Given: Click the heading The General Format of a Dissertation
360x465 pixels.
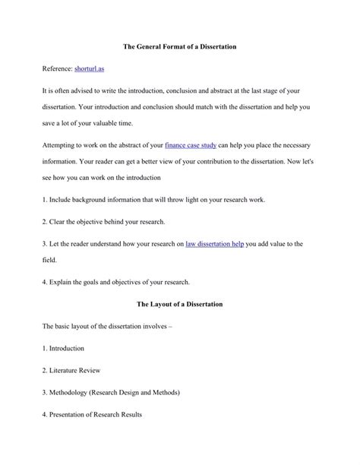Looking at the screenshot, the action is point(179,47).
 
